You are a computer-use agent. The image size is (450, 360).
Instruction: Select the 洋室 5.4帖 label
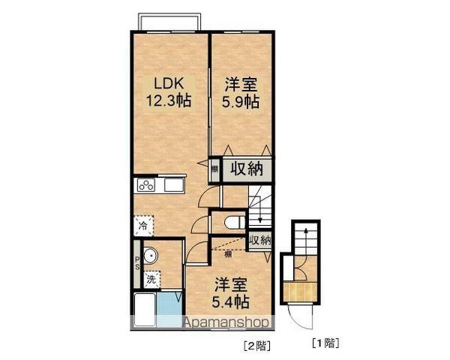230,293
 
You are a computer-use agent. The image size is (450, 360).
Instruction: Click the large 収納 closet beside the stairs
246,168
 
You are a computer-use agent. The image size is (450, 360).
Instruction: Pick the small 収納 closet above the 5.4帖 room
259,240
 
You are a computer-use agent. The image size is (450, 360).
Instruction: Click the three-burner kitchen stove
145,185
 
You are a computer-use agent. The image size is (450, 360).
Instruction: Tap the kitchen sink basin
174,185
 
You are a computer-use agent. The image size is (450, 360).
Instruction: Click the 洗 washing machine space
151,279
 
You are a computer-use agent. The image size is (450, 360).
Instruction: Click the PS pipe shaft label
137,265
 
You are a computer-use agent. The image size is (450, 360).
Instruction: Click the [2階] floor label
255,346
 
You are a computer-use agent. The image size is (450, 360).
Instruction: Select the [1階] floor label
325,344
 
